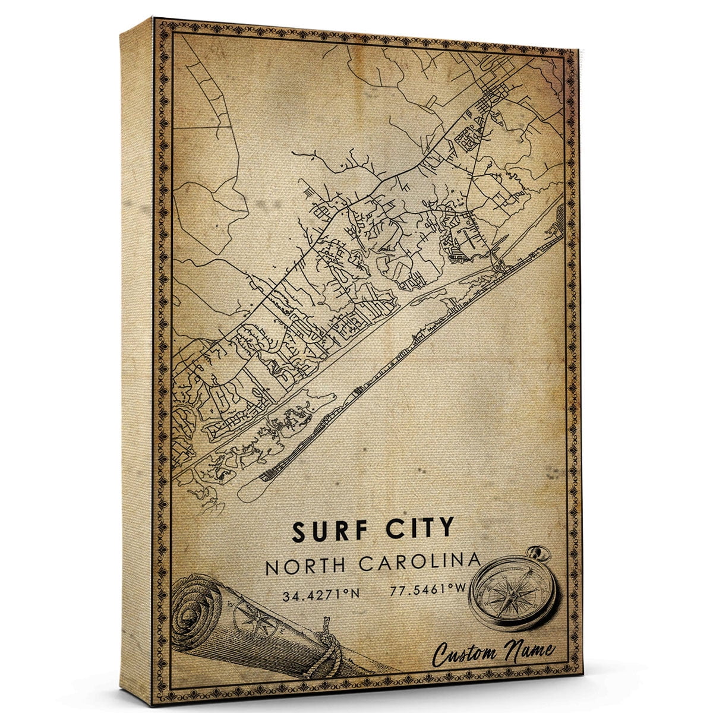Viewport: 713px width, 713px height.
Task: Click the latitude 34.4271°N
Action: click(x=317, y=592)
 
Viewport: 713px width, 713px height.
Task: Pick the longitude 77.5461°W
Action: click(x=421, y=591)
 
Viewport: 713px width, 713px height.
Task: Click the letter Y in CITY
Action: click(x=446, y=529)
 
